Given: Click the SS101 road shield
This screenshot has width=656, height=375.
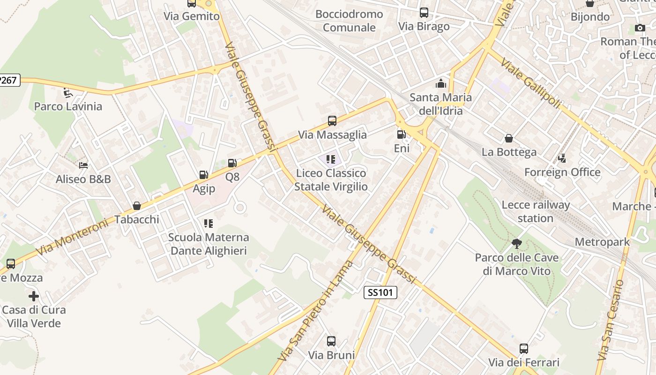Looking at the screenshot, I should tap(380, 293).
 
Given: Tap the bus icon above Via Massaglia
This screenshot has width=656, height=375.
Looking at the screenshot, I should tap(332, 121).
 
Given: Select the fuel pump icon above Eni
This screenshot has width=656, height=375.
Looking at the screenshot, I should tap(401, 135).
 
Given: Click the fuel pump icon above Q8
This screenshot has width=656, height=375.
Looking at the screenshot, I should tap(232, 163).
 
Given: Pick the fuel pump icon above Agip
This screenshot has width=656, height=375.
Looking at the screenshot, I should tap(204, 175).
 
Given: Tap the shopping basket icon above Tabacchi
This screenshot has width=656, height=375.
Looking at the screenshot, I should tap(137, 206).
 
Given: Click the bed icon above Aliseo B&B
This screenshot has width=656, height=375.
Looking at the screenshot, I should tap(83, 165).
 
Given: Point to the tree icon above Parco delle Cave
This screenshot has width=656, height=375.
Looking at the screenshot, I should tap(517, 244).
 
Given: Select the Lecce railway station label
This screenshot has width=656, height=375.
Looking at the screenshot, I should tap(536, 211).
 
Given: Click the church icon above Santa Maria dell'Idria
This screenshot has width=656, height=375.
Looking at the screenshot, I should tap(440, 84).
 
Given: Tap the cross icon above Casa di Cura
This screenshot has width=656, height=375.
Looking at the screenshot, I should tap(34, 296).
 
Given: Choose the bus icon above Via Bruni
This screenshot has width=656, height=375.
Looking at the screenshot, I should tap(331, 341).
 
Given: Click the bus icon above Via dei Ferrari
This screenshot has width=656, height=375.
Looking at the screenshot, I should tap(524, 349).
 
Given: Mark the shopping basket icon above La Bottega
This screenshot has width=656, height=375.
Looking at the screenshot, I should tap(509, 138).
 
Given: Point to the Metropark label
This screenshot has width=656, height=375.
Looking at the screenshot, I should tap(602, 242).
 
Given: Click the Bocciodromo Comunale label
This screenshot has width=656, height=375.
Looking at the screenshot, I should tap(349, 21).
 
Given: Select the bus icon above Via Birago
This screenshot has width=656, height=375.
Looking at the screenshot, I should tap(424, 13).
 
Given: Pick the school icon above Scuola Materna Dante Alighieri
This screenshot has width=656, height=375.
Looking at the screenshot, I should tap(209, 224).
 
